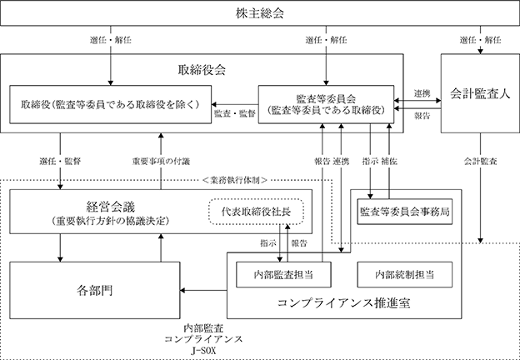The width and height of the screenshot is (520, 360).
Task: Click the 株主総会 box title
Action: coord(260,13)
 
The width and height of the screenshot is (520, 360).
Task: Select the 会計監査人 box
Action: coord(480,93)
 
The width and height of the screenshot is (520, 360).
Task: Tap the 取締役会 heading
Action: coord(202,70)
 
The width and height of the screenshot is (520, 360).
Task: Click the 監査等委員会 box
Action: coord(326,104)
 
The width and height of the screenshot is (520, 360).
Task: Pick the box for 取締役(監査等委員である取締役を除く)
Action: coord(111,104)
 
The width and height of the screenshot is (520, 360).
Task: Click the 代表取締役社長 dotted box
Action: coord(257,212)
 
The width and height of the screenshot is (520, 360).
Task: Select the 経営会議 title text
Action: coord(111,207)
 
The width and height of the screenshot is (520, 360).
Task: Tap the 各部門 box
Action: coord(94,290)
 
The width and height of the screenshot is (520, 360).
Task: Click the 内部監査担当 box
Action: coord(283,274)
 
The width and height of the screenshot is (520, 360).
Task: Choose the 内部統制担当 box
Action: coord(405,274)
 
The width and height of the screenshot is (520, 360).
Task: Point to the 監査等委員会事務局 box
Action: coord(405,212)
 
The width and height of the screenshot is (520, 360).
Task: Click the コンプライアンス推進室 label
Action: coord(344,303)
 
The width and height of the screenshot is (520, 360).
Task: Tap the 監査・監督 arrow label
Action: coord(235,113)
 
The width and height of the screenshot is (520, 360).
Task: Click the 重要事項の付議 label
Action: coord(161,162)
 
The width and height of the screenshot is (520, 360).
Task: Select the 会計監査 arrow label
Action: coord(480,162)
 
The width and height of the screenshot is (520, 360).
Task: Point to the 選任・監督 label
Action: coord(60,162)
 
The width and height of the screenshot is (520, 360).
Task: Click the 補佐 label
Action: coord(389,162)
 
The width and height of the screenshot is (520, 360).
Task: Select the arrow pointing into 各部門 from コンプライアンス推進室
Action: coord(203,291)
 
